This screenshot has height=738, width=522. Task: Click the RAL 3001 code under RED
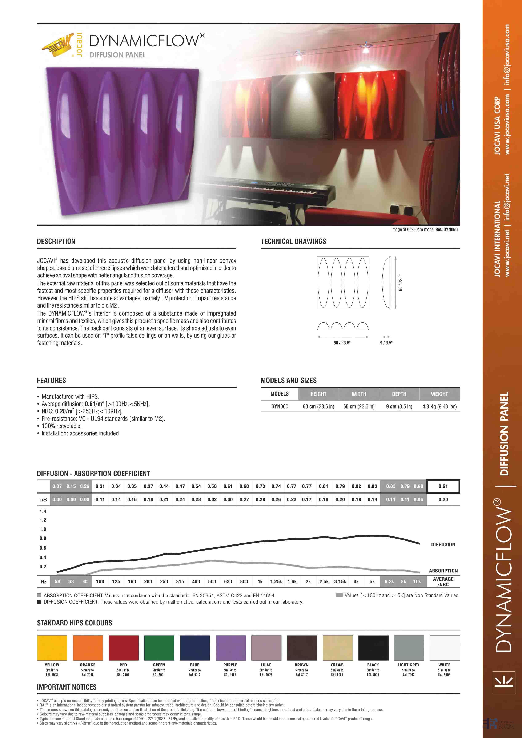(x=123, y=675)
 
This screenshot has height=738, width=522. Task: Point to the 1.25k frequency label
(x=276, y=581)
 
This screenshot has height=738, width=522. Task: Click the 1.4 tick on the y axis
(x=43, y=511)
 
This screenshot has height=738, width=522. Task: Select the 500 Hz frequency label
(x=212, y=581)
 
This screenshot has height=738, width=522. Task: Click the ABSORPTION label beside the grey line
(x=443, y=571)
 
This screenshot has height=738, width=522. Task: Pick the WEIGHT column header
(x=439, y=394)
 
